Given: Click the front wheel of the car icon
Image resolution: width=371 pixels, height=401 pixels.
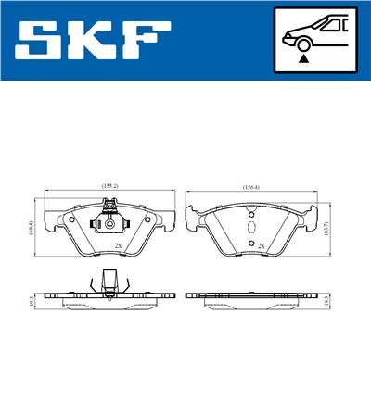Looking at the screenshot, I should (x=301, y=41).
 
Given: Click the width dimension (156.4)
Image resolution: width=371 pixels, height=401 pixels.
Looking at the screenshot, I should (x=250, y=188).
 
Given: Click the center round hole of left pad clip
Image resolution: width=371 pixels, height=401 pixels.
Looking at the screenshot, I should (x=110, y=225).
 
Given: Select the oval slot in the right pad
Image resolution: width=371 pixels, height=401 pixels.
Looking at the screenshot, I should (x=249, y=228).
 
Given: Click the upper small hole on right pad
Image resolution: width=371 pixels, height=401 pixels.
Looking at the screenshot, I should (x=249, y=215).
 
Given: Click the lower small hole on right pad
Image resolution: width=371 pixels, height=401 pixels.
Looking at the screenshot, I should (x=249, y=241).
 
